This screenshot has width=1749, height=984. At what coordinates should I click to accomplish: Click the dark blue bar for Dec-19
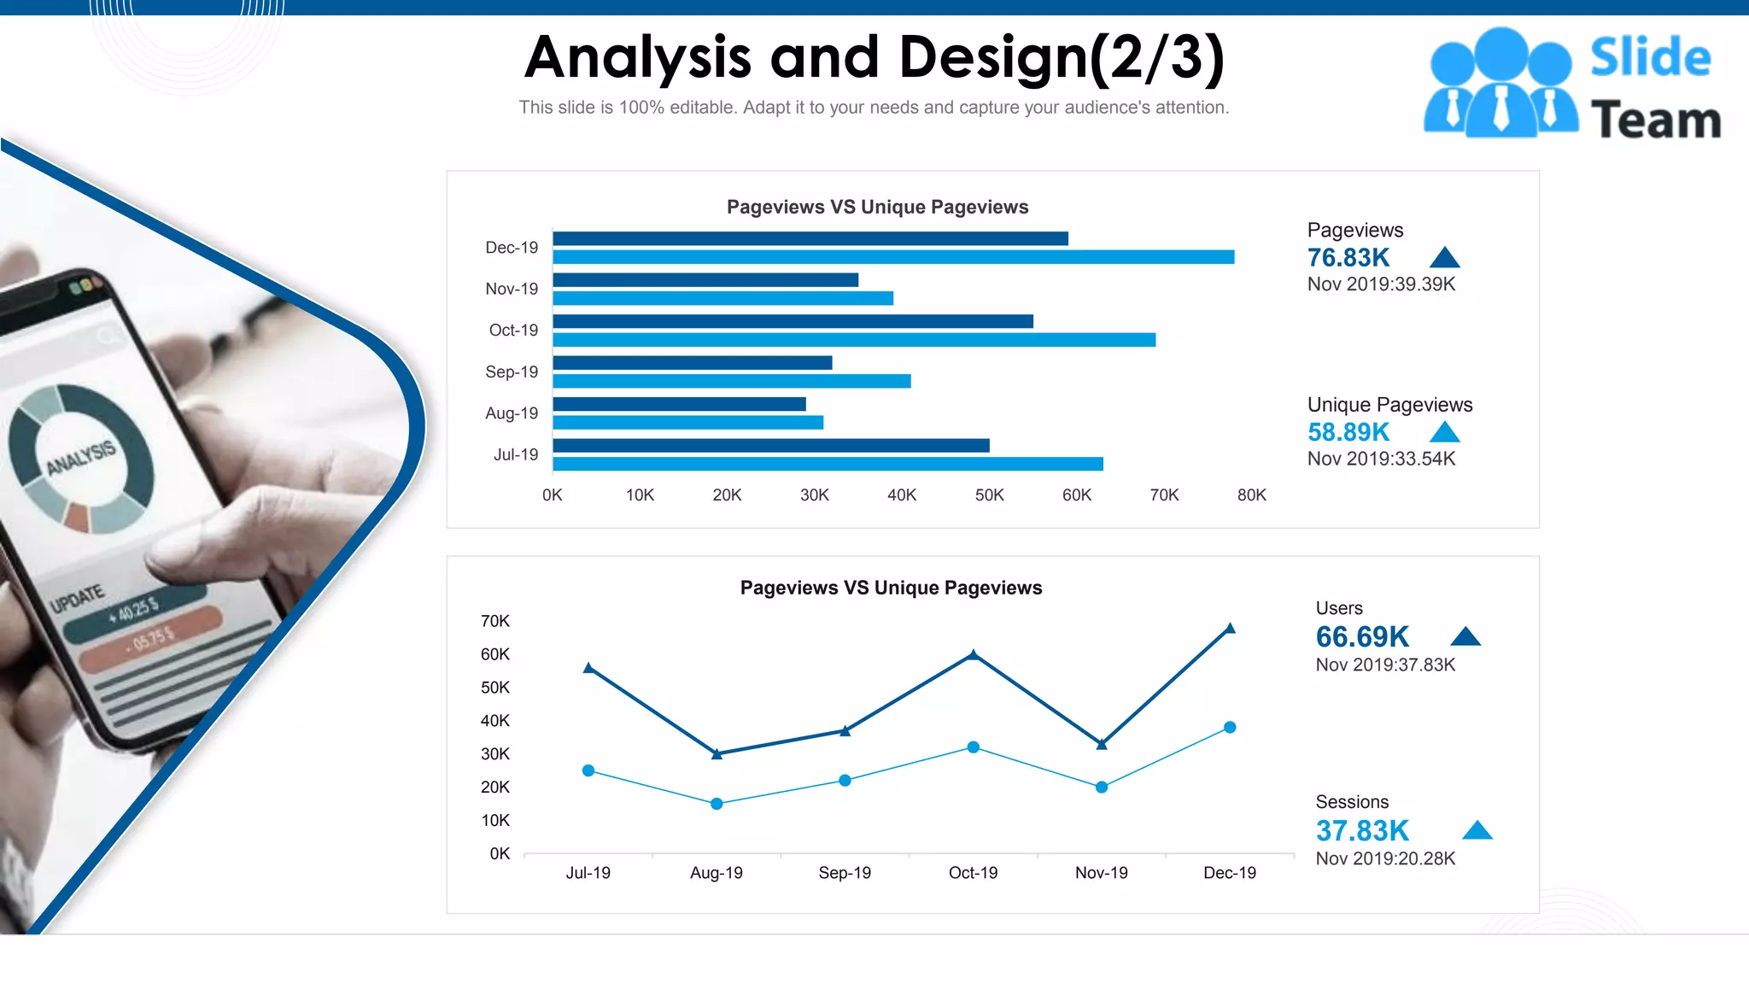pyautogui.click(x=810, y=238)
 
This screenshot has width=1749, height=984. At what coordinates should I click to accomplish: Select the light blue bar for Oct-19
pyautogui.click(x=854, y=340)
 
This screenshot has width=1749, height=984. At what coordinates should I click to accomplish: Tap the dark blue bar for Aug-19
pyautogui.click(x=679, y=404)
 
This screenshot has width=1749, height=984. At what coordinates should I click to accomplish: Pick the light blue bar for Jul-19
pyautogui.click(x=828, y=464)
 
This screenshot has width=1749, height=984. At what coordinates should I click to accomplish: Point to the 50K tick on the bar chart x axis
pyautogui.click(x=989, y=495)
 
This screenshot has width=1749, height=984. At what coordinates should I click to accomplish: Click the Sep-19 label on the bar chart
pyautogui.click(x=512, y=372)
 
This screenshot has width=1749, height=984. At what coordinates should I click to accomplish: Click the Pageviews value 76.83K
pyautogui.click(x=1348, y=257)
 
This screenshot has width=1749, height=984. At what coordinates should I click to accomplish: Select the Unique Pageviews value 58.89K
pyautogui.click(x=1348, y=432)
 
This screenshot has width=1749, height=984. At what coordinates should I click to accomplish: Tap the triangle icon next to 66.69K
pyautogui.click(x=1465, y=636)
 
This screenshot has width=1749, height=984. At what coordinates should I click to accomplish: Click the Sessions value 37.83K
pyautogui.click(x=1362, y=830)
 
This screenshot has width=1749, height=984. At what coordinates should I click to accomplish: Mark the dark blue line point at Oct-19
pyautogui.click(x=973, y=655)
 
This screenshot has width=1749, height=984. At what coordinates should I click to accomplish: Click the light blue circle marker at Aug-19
pyautogui.click(x=717, y=804)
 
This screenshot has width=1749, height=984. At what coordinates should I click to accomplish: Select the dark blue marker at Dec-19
pyautogui.click(x=1230, y=629)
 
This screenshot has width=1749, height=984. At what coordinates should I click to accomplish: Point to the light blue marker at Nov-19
pyautogui.click(x=1102, y=787)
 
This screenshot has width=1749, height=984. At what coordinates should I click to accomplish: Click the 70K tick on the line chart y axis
pyautogui.click(x=494, y=621)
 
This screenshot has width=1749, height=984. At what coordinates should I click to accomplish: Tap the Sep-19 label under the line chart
pyautogui.click(x=845, y=873)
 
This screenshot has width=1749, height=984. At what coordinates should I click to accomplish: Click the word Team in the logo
pyautogui.click(x=1655, y=120)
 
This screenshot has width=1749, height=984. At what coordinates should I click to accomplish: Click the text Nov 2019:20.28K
pyautogui.click(x=1384, y=858)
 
